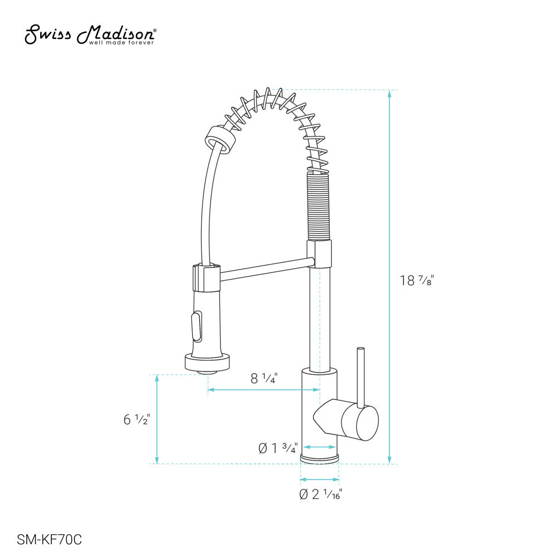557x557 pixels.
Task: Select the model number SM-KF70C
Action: click(50, 539)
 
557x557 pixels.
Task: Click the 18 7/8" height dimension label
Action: click(416, 281)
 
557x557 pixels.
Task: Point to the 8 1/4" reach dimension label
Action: click(263, 379)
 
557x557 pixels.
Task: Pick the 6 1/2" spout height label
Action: click(137, 419)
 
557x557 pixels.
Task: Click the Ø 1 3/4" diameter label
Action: click(278, 447)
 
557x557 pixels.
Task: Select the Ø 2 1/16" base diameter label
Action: click(320, 494)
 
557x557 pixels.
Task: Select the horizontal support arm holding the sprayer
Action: click(265, 268)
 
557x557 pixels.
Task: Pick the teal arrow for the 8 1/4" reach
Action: click(263, 390)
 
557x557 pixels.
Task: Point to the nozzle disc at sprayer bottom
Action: click(207, 364)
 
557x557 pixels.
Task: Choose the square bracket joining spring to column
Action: click(319, 253)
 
